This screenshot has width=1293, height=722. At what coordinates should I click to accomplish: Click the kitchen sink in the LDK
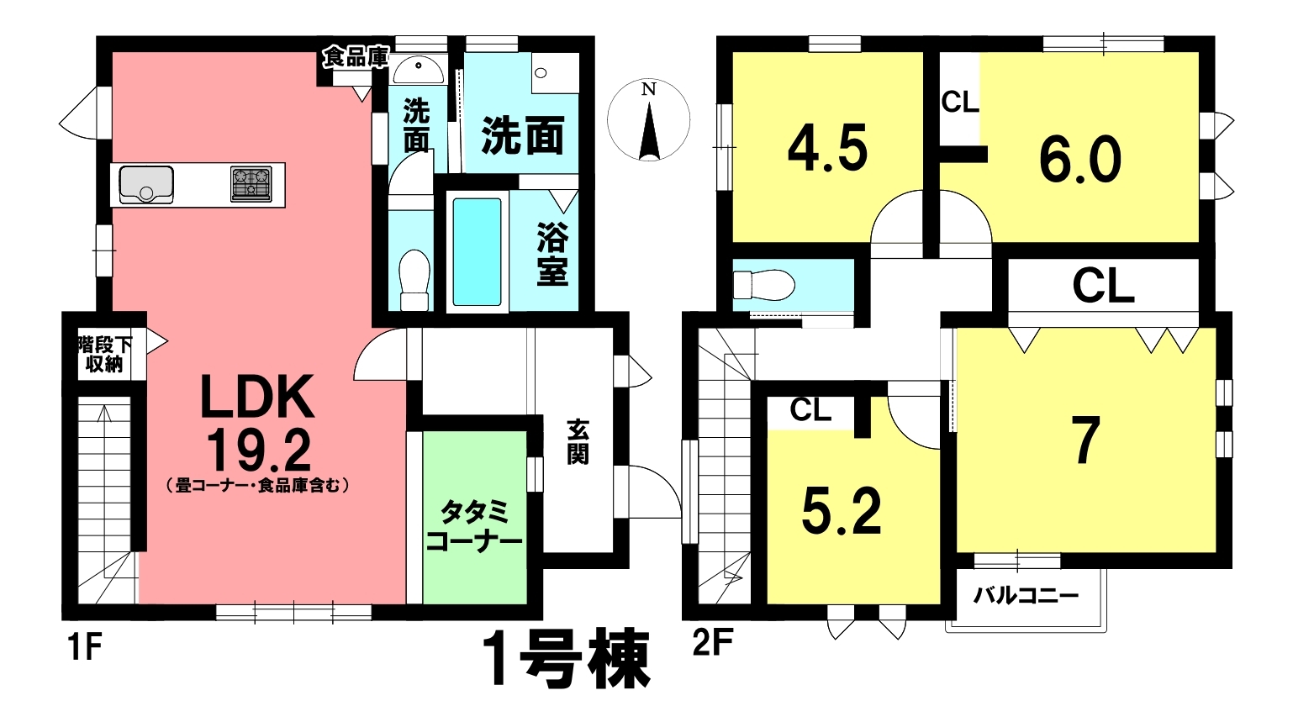pos(146,185)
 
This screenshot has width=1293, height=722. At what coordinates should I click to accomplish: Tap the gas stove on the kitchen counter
pos(251,184)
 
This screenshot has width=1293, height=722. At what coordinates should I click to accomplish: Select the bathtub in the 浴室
pos(477,251)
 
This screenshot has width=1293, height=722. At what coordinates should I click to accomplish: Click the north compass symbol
pos(649,120)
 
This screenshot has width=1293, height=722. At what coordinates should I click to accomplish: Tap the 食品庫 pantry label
pos(356,57)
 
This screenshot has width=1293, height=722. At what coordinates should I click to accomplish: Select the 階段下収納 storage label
pos(105,355)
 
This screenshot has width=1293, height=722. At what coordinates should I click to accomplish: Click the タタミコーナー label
pos(474,526)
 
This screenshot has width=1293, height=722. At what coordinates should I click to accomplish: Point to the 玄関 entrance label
pos(578,442)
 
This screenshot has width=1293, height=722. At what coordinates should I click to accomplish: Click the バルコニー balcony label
pos(1026,595)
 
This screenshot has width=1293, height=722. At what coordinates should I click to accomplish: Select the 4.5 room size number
pos(828,150)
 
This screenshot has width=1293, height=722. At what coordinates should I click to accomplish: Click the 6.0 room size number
pos(1080,160)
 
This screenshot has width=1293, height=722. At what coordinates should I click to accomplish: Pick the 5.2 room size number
pos(842,511)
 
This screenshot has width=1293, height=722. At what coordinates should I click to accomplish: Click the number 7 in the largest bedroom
pos(1085,440)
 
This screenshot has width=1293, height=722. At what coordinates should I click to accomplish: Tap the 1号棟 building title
pos(570,657)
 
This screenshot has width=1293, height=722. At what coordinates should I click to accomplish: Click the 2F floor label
pos(713,642)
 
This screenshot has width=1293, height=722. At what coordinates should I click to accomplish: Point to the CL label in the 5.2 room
pos(810,410)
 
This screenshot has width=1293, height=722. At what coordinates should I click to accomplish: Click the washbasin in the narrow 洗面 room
pos(419,71)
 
